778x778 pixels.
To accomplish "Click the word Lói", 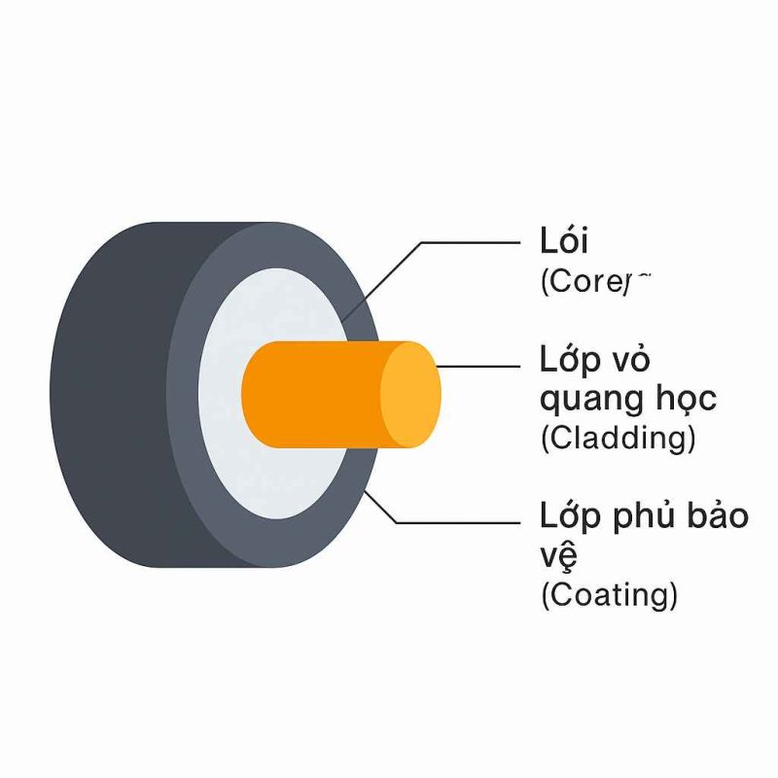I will pos(564,241).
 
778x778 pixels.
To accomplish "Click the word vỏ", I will pos(631,361).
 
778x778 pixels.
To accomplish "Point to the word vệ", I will pos(558,555).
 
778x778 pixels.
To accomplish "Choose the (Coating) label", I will pos(608,593).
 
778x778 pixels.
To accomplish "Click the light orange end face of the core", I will pos(409,395).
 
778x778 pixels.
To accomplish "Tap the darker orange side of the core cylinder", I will pos(311,395).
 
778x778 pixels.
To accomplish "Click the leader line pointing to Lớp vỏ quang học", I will pos(481,367).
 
